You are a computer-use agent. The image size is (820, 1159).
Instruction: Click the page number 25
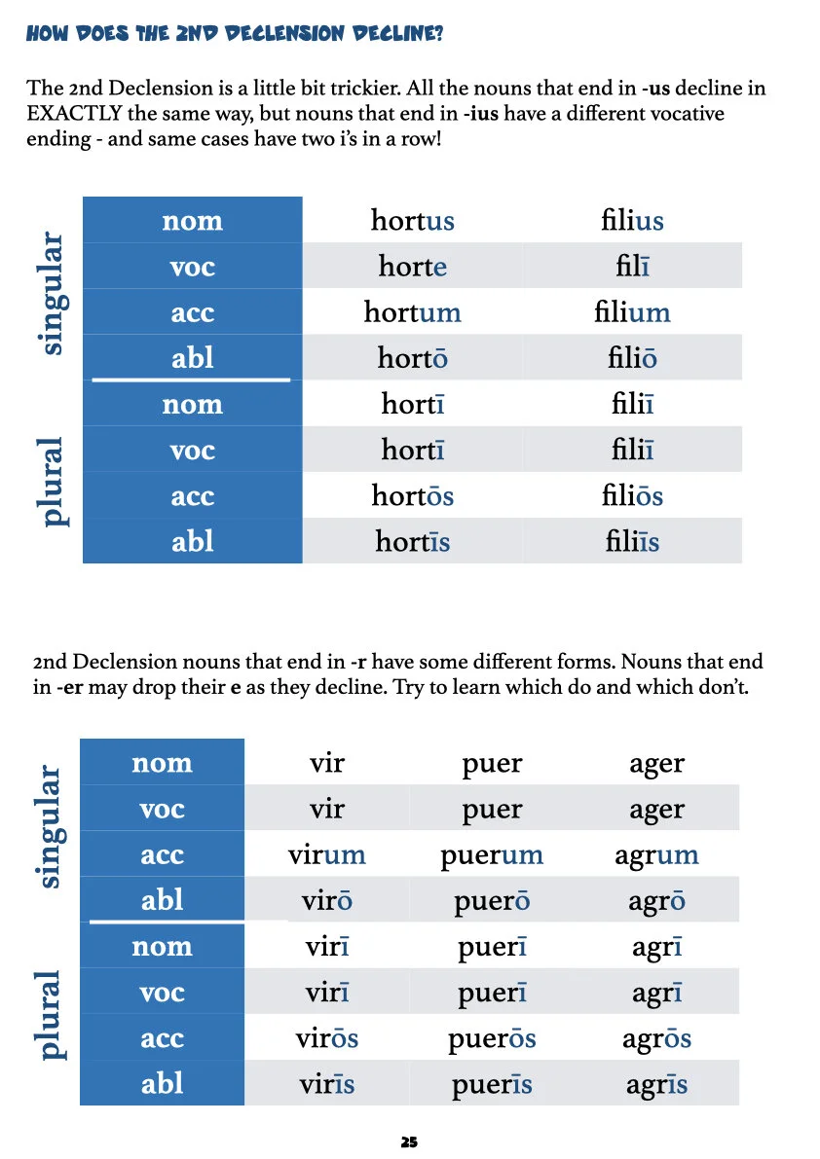409,1141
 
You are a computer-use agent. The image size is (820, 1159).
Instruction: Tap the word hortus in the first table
412,220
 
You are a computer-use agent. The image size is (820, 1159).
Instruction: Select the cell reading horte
412,266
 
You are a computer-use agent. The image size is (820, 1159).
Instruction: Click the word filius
632,220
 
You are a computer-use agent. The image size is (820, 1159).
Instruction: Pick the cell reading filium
632,312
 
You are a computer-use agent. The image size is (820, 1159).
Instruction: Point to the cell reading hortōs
412,496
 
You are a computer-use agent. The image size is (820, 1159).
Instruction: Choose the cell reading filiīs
632,542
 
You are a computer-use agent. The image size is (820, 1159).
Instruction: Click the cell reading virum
326,855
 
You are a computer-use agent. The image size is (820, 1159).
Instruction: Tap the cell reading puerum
492,855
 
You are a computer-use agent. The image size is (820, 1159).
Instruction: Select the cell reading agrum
656,855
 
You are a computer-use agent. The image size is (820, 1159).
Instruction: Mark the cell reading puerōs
492,1038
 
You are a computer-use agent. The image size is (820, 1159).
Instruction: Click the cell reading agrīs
656,1084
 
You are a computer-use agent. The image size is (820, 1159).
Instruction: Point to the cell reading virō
326,901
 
